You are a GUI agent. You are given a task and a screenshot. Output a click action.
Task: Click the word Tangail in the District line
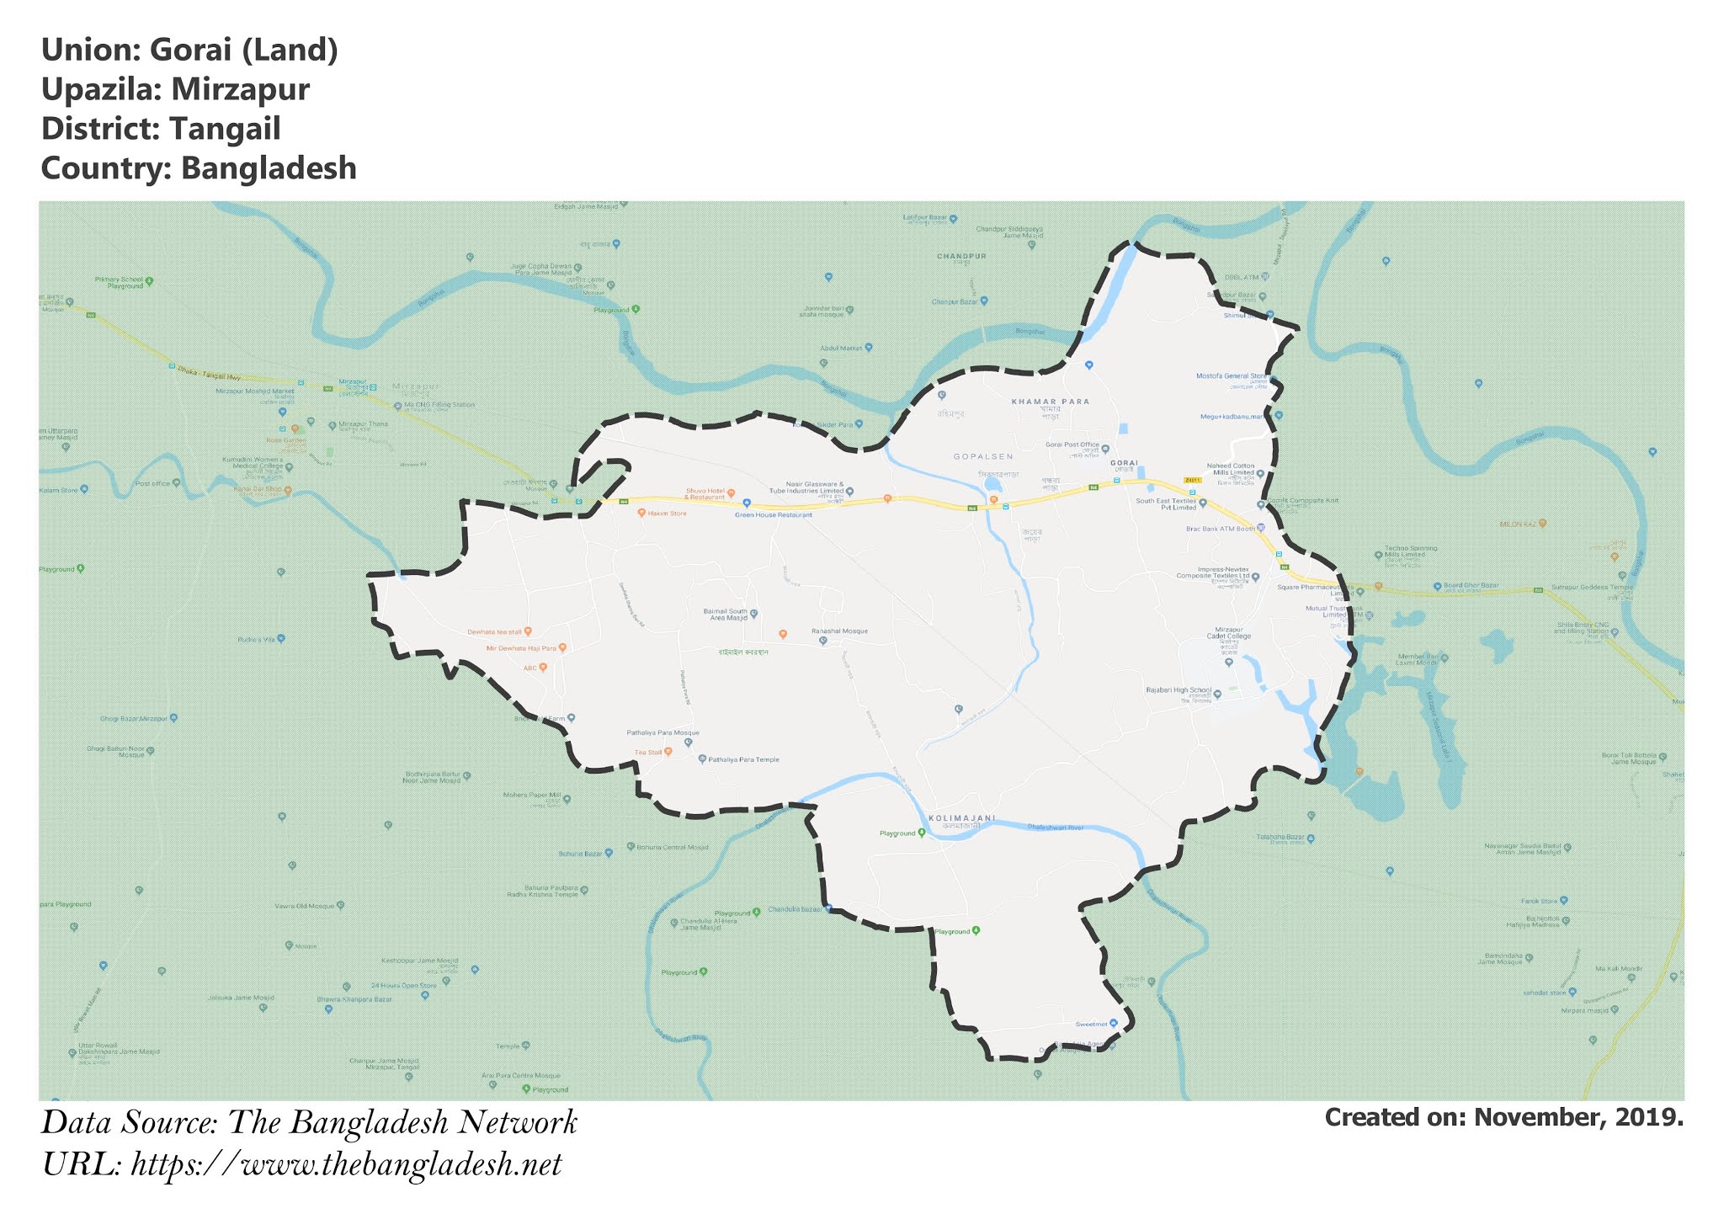225,129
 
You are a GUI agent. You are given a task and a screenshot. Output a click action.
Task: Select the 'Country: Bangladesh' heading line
199,168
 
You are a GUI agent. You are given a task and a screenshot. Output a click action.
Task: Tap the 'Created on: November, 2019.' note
1503,1117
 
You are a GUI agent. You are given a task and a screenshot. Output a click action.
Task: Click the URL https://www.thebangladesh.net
346,1165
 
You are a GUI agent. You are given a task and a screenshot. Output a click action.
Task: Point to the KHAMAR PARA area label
1050,402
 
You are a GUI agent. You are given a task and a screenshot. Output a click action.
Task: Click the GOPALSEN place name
982,456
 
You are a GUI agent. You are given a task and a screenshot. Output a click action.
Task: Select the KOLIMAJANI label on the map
961,818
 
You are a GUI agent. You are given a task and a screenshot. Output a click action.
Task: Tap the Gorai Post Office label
1072,444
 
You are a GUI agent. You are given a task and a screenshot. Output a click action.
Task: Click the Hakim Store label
667,513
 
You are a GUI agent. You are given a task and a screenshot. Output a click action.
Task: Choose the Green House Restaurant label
774,514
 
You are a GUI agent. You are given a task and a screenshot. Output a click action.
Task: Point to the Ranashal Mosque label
838,631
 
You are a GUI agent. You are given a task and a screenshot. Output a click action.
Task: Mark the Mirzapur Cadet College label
1228,632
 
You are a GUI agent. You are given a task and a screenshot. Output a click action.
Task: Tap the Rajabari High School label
1179,690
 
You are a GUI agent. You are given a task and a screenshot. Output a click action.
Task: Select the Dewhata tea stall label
495,631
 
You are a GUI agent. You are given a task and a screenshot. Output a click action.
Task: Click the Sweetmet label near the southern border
1091,1024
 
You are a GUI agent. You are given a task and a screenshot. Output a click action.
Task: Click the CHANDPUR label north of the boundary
961,256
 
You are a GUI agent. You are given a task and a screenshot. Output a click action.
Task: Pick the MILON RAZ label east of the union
1518,524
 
